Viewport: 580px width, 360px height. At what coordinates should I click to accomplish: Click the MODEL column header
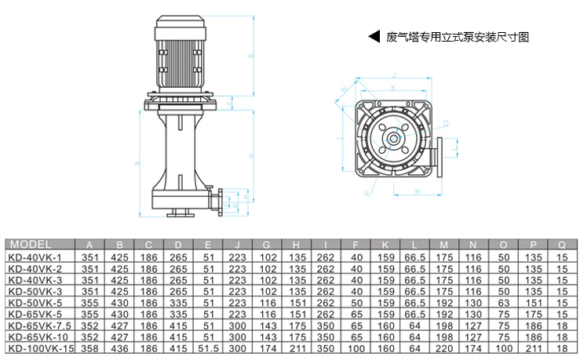coord(31,243)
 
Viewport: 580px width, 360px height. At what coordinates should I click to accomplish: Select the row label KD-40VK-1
coord(35,256)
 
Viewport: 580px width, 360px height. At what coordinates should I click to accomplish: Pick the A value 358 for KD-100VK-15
coord(90,347)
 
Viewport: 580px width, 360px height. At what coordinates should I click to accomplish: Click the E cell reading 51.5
coord(208,347)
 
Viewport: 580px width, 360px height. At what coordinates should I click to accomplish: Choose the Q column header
coord(561,243)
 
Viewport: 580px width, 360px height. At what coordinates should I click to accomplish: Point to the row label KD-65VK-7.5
coord(39,324)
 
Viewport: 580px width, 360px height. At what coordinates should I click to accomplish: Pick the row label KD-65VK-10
coord(37,336)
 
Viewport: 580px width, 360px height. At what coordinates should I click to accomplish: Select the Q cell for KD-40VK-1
coord(561,256)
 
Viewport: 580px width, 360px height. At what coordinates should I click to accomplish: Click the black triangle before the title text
coord(374,37)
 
